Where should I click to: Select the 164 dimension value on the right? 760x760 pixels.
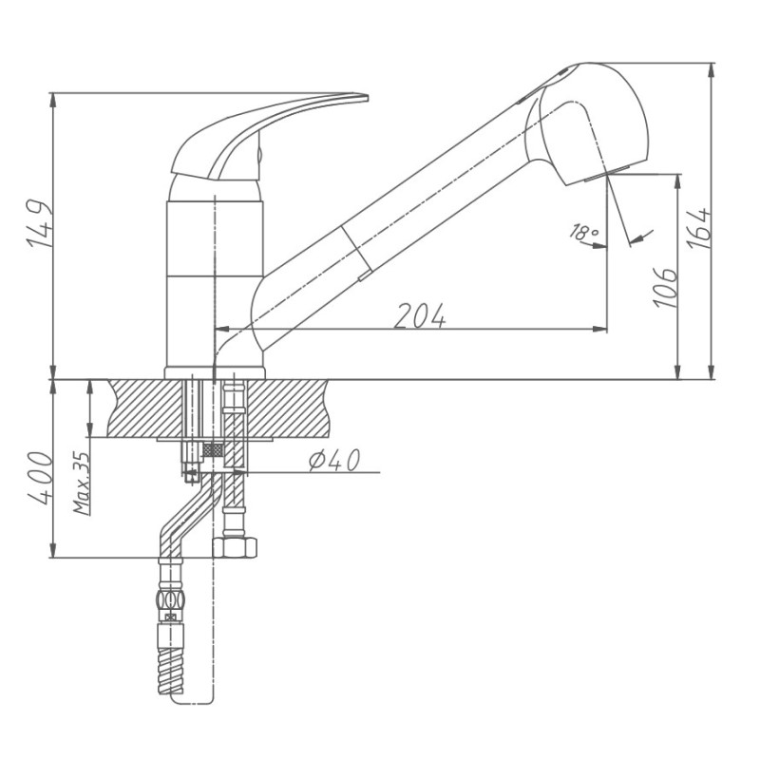point(700,228)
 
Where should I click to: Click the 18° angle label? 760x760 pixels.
point(583,232)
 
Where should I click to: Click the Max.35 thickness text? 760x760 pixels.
point(82,483)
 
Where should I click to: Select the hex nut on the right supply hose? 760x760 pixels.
point(234,547)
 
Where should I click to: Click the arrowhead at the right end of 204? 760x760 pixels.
point(600,330)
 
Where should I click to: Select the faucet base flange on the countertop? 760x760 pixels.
point(215,371)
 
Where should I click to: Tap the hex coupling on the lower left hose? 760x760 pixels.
point(170,600)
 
